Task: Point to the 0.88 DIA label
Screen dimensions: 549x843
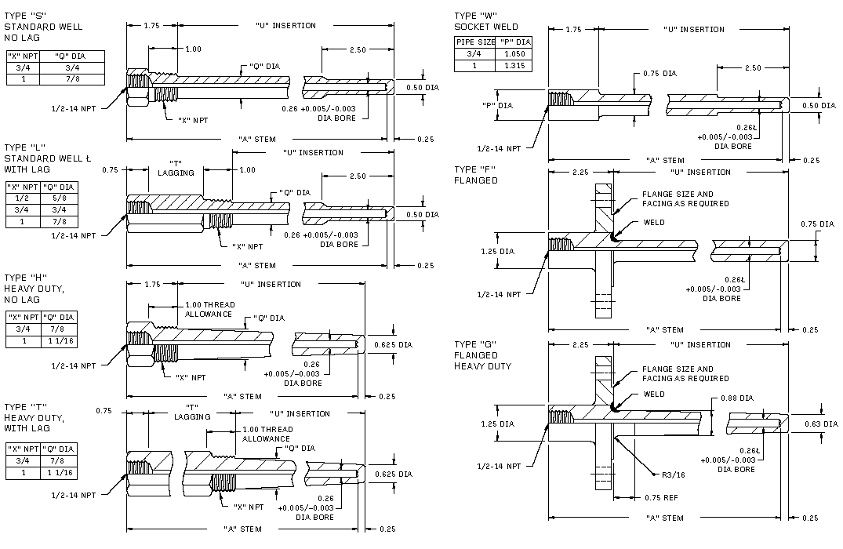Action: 737,398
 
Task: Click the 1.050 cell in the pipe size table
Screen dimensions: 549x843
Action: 515,54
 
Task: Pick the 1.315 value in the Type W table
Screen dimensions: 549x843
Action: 515,66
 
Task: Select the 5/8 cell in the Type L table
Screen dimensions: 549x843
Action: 60,199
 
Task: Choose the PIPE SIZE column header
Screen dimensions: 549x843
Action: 476,42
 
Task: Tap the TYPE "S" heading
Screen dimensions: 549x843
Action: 25,16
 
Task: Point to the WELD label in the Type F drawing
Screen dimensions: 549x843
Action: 653,223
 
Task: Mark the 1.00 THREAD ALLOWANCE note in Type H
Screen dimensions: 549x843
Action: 209,309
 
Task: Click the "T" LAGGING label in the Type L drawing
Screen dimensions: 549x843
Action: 176,168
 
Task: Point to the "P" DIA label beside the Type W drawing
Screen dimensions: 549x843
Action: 496,105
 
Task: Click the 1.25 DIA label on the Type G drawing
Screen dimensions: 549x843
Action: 497,424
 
